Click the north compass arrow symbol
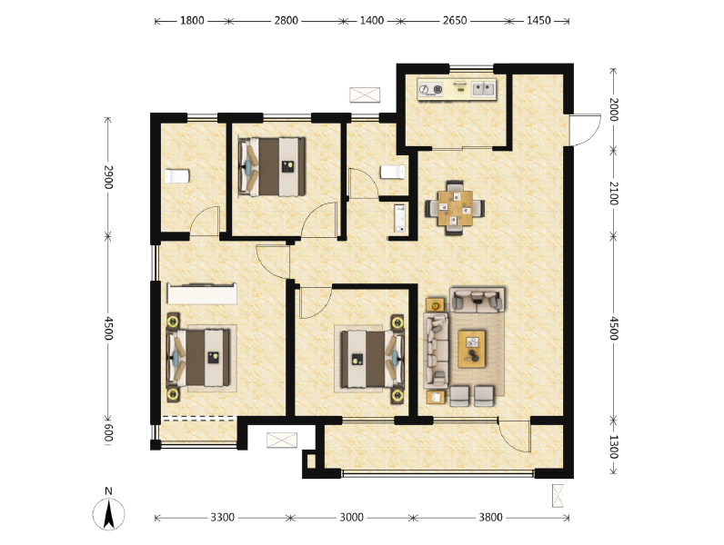[x=108, y=514]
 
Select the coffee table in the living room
[x=472, y=347]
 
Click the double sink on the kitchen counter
[x=481, y=89]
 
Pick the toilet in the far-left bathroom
[x=176, y=175]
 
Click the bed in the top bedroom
[x=271, y=166]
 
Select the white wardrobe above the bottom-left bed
[x=202, y=293]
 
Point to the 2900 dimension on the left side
[x=108, y=177]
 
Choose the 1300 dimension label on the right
[x=614, y=446]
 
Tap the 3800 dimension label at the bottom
[x=490, y=518]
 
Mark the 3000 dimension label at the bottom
[x=352, y=518]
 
